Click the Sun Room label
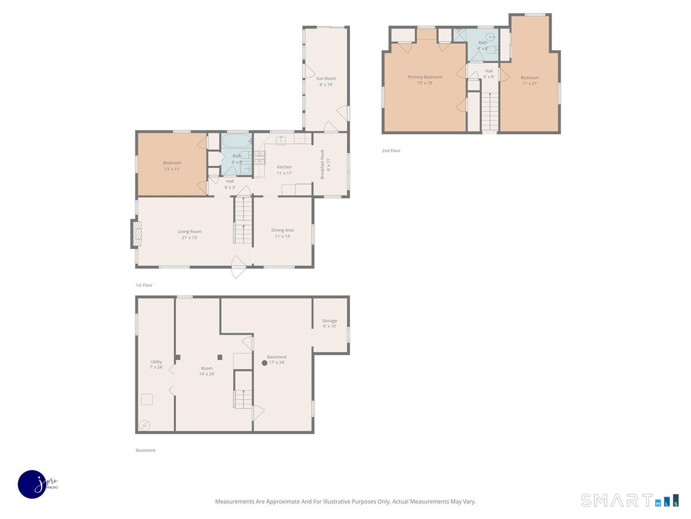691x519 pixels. pyautogui.click(x=326, y=78)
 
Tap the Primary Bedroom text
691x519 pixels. pyautogui.click(x=424, y=77)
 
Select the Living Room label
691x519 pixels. pyautogui.click(x=189, y=232)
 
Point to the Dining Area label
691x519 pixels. pyautogui.click(x=282, y=230)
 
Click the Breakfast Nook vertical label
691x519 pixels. pyautogui.click(x=322, y=164)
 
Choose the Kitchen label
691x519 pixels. pyautogui.click(x=284, y=167)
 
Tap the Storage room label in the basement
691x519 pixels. pyautogui.click(x=329, y=321)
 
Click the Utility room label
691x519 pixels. pyautogui.click(x=156, y=362)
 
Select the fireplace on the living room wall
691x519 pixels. pyautogui.click(x=137, y=234)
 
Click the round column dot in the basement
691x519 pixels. pyautogui.click(x=264, y=363)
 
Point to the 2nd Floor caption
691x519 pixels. pyautogui.click(x=391, y=151)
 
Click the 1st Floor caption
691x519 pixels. pyautogui.click(x=144, y=285)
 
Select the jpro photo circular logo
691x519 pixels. pyautogui.click(x=32, y=484)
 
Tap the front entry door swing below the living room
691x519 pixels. pyautogui.click(x=238, y=267)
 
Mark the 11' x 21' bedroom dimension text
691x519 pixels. pyautogui.click(x=530, y=84)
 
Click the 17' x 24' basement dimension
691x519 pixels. pyautogui.click(x=277, y=362)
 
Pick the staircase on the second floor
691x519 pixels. pyautogui.click(x=490, y=112)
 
